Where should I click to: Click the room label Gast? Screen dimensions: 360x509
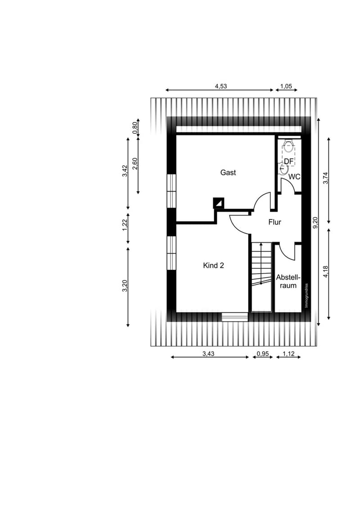[x=228, y=172]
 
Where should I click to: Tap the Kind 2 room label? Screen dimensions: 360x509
[x=213, y=266]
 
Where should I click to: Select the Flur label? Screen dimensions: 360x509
[x=274, y=222]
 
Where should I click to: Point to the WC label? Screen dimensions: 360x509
[x=294, y=177]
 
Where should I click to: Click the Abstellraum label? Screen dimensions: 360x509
[x=288, y=281]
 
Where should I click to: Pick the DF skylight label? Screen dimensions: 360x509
[x=288, y=161]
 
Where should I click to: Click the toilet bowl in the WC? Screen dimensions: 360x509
[x=288, y=143]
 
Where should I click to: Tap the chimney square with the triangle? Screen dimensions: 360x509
[x=218, y=203]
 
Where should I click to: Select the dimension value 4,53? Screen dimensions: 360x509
[x=221, y=86]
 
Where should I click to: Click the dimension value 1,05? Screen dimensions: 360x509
[x=286, y=86]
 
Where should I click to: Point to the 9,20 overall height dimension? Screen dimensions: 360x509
[x=315, y=223]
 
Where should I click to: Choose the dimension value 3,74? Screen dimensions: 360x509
[x=325, y=178]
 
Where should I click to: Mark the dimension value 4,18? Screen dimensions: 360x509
[x=325, y=272]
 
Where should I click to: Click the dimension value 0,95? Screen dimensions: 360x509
[x=262, y=353]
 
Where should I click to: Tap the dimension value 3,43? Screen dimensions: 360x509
[x=208, y=353]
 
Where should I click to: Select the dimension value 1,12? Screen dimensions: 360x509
[x=288, y=353]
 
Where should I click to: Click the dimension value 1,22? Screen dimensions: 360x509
[x=125, y=225]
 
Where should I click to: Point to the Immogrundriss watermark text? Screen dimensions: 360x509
[x=306, y=295]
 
